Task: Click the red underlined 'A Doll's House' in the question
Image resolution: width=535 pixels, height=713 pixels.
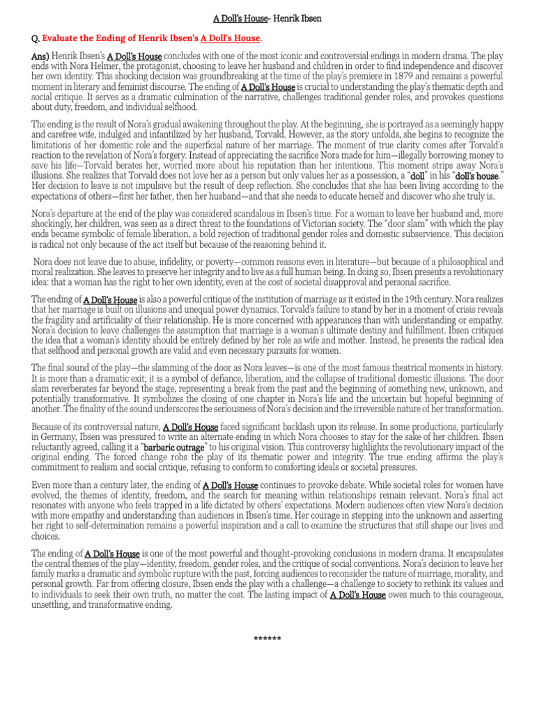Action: [x=231, y=38]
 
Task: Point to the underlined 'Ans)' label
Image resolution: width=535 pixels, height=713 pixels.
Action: [x=40, y=56]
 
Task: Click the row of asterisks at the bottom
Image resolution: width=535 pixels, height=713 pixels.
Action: [x=267, y=638]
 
